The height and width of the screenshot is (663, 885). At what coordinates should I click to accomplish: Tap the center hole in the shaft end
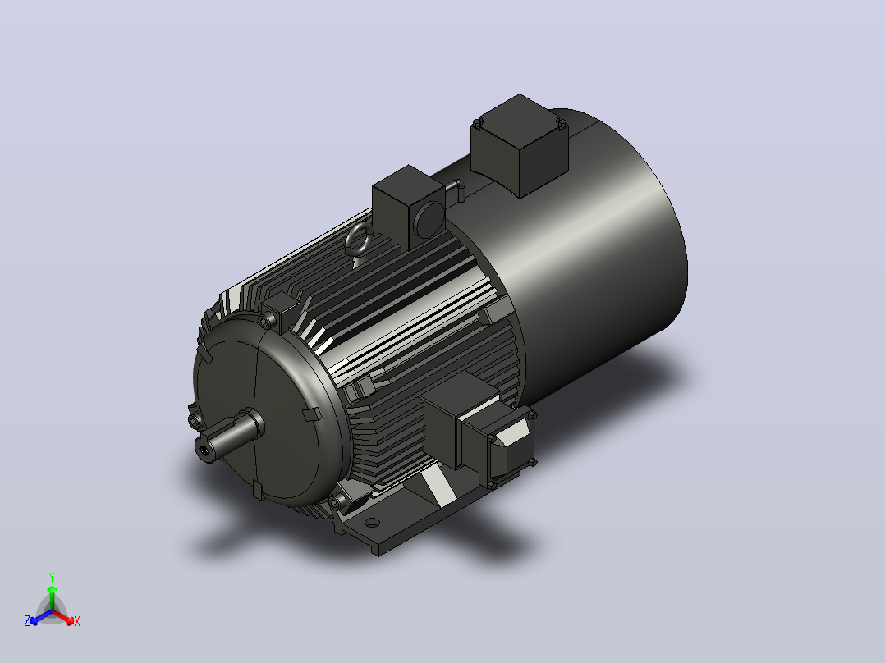[204, 449]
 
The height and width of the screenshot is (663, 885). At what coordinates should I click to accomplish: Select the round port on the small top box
[429, 220]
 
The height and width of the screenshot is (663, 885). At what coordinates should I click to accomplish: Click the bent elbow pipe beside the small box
[456, 189]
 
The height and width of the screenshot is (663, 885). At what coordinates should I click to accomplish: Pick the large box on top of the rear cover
[519, 145]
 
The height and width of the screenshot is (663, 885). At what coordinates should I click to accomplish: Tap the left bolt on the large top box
[478, 124]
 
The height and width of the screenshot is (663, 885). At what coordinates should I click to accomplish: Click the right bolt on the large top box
[561, 122]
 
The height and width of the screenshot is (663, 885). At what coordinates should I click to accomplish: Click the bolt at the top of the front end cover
[265, 322]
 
